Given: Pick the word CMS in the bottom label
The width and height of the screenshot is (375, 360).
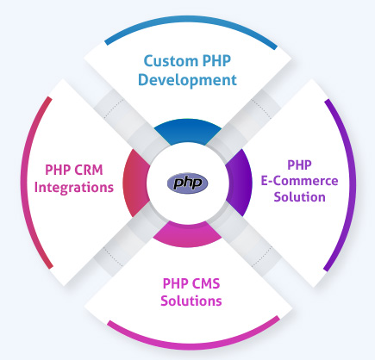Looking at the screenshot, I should click(209, 282).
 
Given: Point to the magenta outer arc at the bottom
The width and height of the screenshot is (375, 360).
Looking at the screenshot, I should click(189, 343).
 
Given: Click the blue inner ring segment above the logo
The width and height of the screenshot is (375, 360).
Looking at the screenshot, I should click(188, 132).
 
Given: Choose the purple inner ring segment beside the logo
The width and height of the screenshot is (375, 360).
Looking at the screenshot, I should click(241, 183).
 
